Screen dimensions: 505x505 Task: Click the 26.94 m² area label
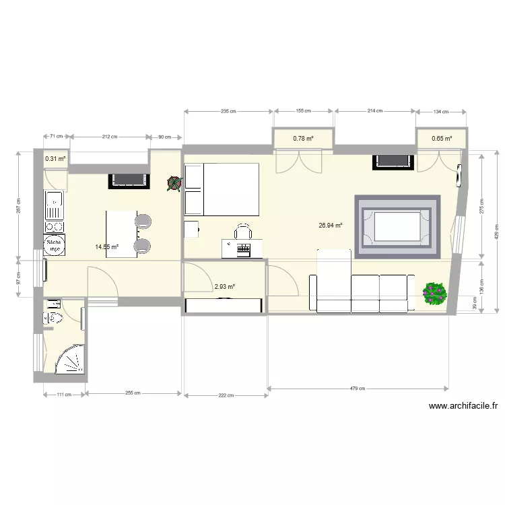click(x=331, y=226)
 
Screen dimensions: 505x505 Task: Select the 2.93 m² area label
click(x=224, y=287)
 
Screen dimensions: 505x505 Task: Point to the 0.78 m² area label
click(x=303, y=139)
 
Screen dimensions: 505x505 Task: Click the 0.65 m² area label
click(x=442, y=139)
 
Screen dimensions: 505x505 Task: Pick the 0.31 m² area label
click(x=55, y=160)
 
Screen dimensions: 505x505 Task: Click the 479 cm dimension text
click(x=358, y=389)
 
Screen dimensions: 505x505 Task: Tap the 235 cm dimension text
click(x=228, y=111)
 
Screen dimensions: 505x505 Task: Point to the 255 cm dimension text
click(x=133, y=393)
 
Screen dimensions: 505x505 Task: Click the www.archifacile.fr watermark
click(x=463, y=406)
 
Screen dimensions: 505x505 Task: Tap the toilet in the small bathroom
click(x=52, y=318)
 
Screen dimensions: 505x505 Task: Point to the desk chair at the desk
click(x=243, y=232)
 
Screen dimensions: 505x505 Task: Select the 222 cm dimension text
click(x=225, y=396)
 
